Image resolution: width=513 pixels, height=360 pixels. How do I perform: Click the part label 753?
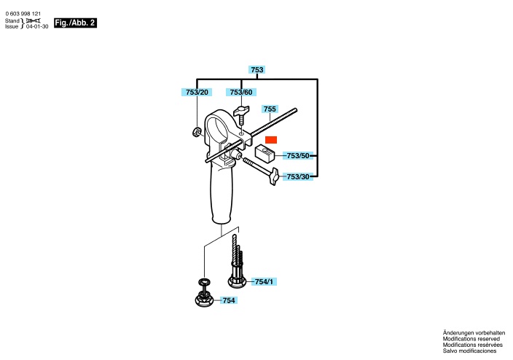click(x=256, y=70)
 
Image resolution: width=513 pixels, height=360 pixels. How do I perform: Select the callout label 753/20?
click(x=197, y=93)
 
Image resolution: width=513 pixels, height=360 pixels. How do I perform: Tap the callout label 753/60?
click(x=241, y=93)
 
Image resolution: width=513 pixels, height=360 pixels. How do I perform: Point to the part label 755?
click(x=270, y=109)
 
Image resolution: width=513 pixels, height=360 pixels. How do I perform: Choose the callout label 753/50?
click(x=298, y=156)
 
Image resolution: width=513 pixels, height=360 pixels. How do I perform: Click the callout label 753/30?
click(x=298, y=177)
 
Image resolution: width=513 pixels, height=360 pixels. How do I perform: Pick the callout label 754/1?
click(x=264, y=281)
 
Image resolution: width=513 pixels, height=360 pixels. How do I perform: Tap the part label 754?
click(x=229, y=300)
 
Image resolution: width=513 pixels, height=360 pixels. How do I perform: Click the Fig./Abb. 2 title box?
click(x=75, y=23)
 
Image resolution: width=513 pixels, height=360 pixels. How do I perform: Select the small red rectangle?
click(x=271, y=140)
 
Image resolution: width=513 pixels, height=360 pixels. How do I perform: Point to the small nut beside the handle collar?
click(x=196, y=132)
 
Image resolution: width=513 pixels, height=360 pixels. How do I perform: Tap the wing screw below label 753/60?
click(x=241, y=114)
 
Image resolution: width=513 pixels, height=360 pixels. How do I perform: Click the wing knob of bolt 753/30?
click(x=273, y=177)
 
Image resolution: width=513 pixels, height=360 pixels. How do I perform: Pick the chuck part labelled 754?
click(x=204, y=293)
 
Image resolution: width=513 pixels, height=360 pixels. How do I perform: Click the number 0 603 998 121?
click(x=23, y=14)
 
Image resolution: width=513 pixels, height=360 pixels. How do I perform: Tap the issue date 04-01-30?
click(x=37, y=26)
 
